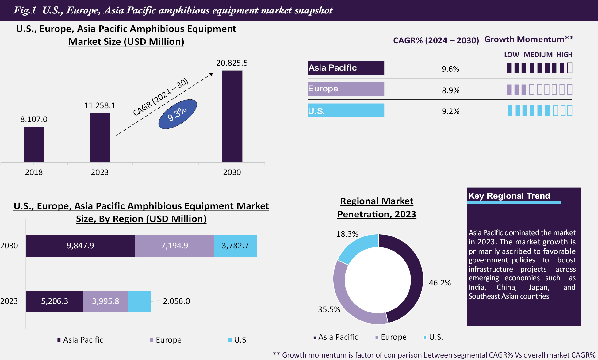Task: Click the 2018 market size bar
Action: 34,144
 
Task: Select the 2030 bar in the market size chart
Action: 232,116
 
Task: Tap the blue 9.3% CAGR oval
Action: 177,114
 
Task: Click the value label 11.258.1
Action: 100,106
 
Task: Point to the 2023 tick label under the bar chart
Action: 100,172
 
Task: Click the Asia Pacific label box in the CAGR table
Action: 346,68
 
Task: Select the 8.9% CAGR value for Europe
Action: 450,90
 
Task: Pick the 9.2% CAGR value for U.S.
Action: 450,111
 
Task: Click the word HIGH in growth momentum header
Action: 564,55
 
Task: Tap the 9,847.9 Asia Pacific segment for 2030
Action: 80,246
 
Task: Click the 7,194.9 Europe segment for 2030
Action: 174,246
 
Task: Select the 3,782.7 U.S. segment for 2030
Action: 235,246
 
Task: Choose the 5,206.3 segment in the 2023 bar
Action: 55,301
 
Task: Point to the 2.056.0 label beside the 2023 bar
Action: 176,301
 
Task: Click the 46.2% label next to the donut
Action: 440,283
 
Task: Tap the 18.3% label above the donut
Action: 347,234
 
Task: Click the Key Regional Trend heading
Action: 509,196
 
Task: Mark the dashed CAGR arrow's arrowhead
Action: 211,74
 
